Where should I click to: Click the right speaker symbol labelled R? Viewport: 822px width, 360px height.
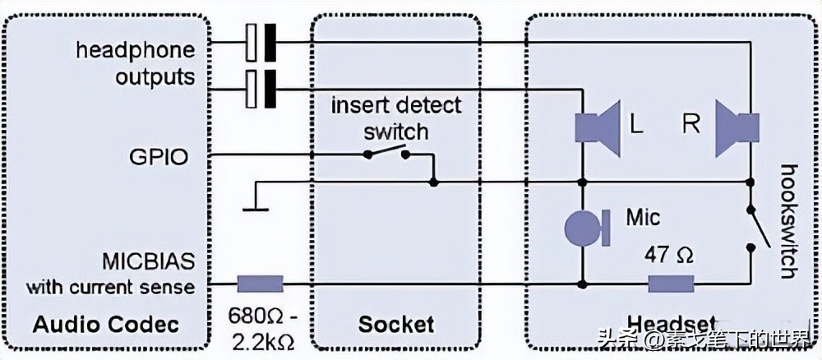[x=733, y=126]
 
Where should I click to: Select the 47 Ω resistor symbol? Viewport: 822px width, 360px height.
[x=671, y=284]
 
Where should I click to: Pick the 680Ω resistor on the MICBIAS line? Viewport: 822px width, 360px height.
[x=260, y=284]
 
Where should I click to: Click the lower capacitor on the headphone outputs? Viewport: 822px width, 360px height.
[x=260, y=88]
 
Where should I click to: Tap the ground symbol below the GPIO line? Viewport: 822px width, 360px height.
[x=256, y=201]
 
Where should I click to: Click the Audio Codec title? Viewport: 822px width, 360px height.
[x=105, y=324]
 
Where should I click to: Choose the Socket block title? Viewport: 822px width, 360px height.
[x=395, y=324]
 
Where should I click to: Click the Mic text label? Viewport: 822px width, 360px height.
[x=642, y=218]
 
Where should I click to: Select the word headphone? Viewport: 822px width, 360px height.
[x=136, y=50]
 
